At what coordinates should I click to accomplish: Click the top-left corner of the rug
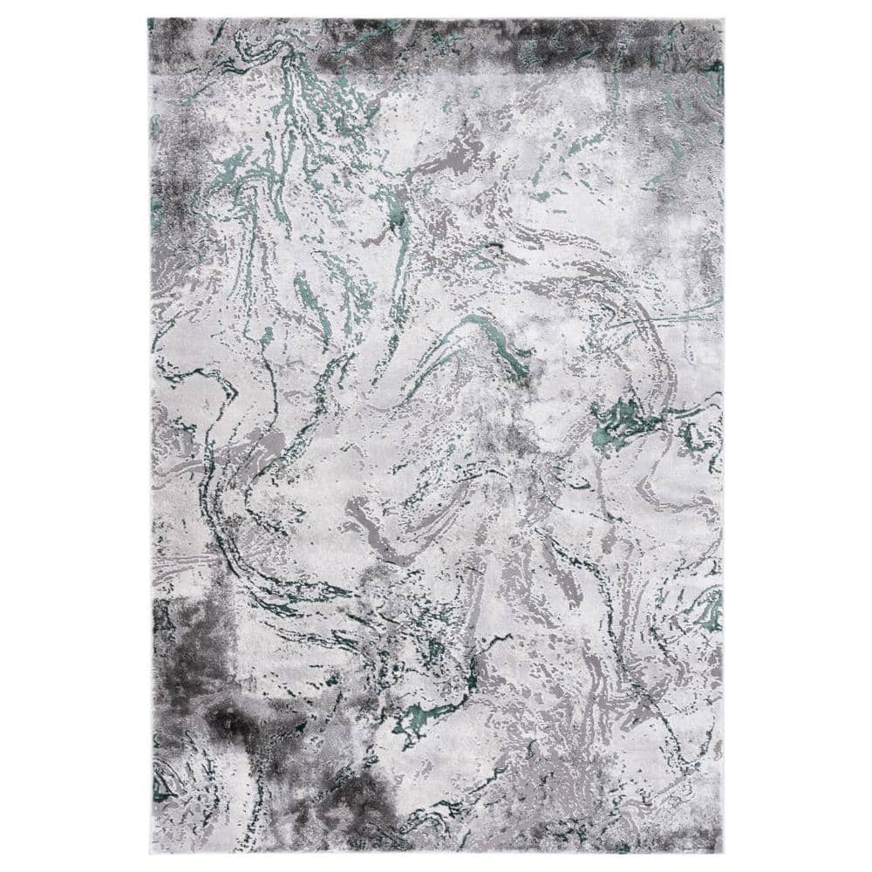point(148,18)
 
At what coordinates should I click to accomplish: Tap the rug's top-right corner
point(724,18)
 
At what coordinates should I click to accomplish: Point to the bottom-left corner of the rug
point(150,855)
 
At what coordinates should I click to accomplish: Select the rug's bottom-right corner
point(723,855)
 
